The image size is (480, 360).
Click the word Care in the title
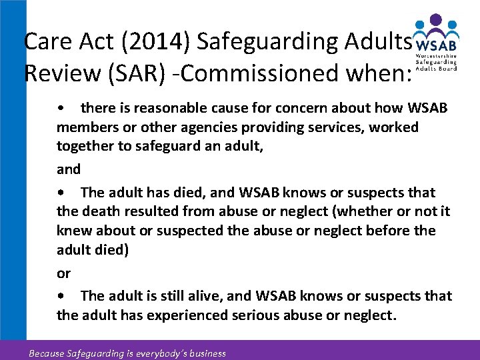[47, 41]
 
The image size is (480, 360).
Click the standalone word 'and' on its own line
[69, 169]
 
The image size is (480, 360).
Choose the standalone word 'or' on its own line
[64, 273]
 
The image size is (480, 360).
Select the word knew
[73, 231]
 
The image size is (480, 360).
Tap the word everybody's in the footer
[154, 353]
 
